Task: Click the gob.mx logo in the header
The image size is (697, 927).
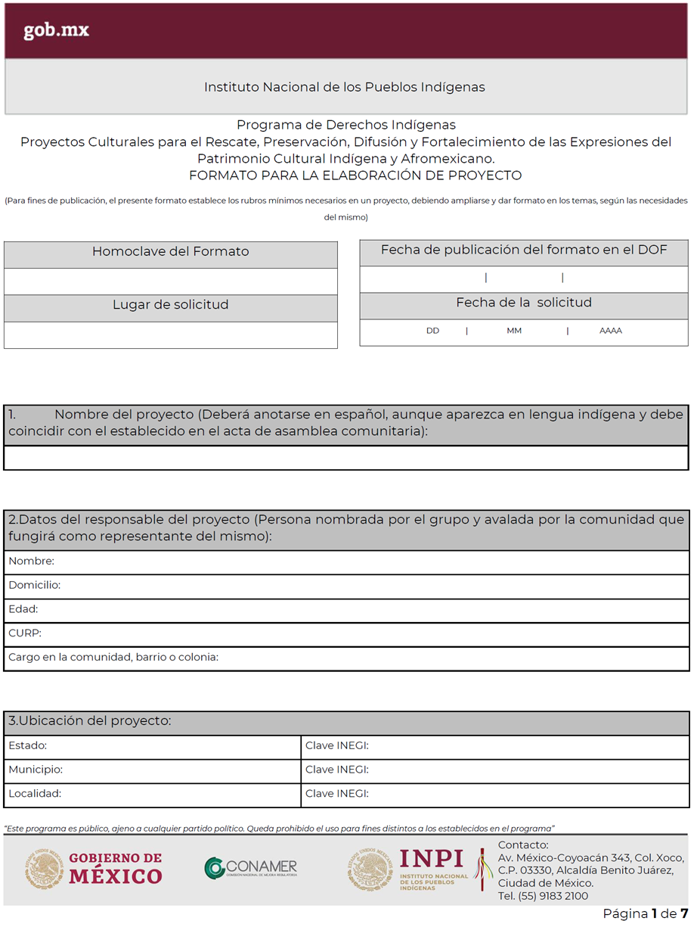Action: pyautogui.click(x=56, y=30)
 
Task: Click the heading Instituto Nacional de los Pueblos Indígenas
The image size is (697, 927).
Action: pyautogui.click(x=345, y=87)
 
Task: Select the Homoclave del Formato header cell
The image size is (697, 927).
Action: pyautogui.click(x=170, y=251)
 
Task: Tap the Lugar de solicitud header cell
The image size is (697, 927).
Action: pyautogui.click(x=170, y=305)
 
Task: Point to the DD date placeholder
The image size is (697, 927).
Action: pyautogui.click(x=432, y=331)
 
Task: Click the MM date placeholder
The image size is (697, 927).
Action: pyautogui.click(x=514, y=331)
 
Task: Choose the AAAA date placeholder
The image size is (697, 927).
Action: pyautogui.click(x=610, y=331)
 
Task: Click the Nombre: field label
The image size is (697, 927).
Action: pyautogui.click(x=31, y=561)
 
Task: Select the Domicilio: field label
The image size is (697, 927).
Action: pyautogui.click(x=34, y=585)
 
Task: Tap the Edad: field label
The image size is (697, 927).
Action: pyautogui.click(x=23, y=609)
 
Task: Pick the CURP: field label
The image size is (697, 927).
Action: pyautogui.click(x=25, y=633)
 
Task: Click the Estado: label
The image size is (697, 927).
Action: pyautogui.click(x=27, y=746)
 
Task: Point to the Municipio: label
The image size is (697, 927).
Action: pyautogui.click(x=36, y=770)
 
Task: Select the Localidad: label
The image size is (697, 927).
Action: pyautogui.click(x=35, y=794)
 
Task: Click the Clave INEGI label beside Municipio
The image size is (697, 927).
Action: pyautogui.click(x=336, y=770)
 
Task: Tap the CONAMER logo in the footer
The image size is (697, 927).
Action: pyautogui.click(x=251, y=868)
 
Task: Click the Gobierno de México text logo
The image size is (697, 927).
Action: pyautogui.click(x=115, y=868)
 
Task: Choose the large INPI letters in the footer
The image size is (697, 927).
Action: pyautogui.click(x=431, y=858)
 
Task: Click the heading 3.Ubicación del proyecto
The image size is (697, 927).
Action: pyautogui.click(x=90, y=721)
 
